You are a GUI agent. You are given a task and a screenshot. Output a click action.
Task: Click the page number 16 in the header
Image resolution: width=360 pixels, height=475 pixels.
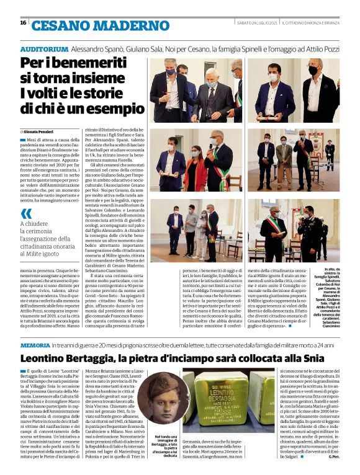[23, 23]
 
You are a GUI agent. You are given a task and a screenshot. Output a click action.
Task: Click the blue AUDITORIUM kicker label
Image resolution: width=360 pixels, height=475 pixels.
[44, 48]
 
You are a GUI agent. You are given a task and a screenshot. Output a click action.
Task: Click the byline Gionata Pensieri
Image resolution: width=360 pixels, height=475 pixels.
[41, 131]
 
